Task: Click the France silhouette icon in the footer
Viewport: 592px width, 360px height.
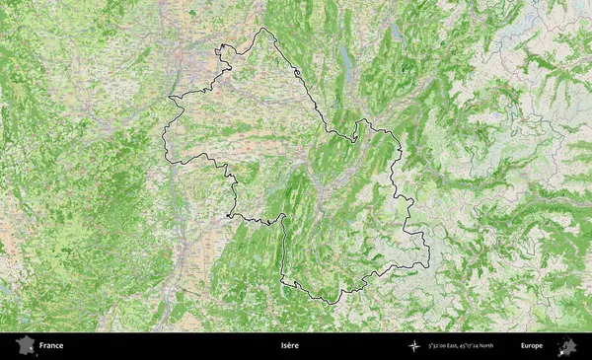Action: pyautogui.click(x=24, y=346)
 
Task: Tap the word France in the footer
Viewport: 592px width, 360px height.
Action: pyautogui.click(x=51, y=346)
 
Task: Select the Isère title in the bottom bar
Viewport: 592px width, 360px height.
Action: pyautogui.click(x=289, y=346)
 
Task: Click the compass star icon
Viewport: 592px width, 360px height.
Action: pyautogui.click(x=414, y=346)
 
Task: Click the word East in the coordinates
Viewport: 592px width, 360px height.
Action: pyautogui.click(x=457, y=346)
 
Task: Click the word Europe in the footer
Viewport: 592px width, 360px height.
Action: pyautogui.click(x=532, y=346)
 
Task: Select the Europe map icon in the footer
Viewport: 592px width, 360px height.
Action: pyautogui.click(x=567, y=346)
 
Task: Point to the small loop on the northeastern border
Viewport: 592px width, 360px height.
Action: pyautogui.click(x=297, y=74)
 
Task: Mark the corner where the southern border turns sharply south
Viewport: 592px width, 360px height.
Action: pyautogui.click(x=282, y=219)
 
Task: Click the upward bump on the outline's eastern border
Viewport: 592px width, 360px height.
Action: pyautogui.click(x=366, y=120)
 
